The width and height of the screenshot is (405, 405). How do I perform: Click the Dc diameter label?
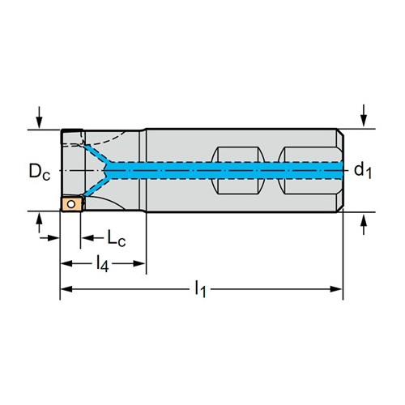tap(40, 172)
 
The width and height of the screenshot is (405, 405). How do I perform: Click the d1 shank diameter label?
tap(363, 171)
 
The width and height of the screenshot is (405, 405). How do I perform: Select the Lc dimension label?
tap(117, 238)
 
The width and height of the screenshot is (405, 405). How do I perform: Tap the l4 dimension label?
tap(103, 264)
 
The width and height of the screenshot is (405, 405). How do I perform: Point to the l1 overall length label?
tap(200, 289)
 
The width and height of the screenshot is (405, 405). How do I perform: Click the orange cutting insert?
tap(71, 204)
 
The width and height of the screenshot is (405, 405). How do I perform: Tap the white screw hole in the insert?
tap(71, 204)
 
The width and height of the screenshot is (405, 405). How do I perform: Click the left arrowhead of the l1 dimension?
tap(66, 289)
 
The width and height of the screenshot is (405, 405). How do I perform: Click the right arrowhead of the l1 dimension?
tap(336, 289)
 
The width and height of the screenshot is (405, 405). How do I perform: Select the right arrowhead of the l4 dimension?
tap(140, 264)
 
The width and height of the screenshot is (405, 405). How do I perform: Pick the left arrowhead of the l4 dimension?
tap(66, 264)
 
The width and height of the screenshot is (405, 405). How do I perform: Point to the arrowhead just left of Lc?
tap(87, 238)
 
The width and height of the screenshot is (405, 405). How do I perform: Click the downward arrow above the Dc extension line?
tap(40, 117)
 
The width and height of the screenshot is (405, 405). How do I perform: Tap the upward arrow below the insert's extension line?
tap(40, 223)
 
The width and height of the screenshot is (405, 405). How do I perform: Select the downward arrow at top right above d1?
tap(364, 116)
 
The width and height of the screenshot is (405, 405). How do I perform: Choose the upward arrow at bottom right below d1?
tap(364, 224)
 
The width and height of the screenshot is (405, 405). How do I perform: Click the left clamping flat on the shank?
tap(238, 170)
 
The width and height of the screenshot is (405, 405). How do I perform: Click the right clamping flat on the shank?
tap(308, 170)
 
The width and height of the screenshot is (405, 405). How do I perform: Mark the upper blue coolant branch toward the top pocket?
tap(98, 155)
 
